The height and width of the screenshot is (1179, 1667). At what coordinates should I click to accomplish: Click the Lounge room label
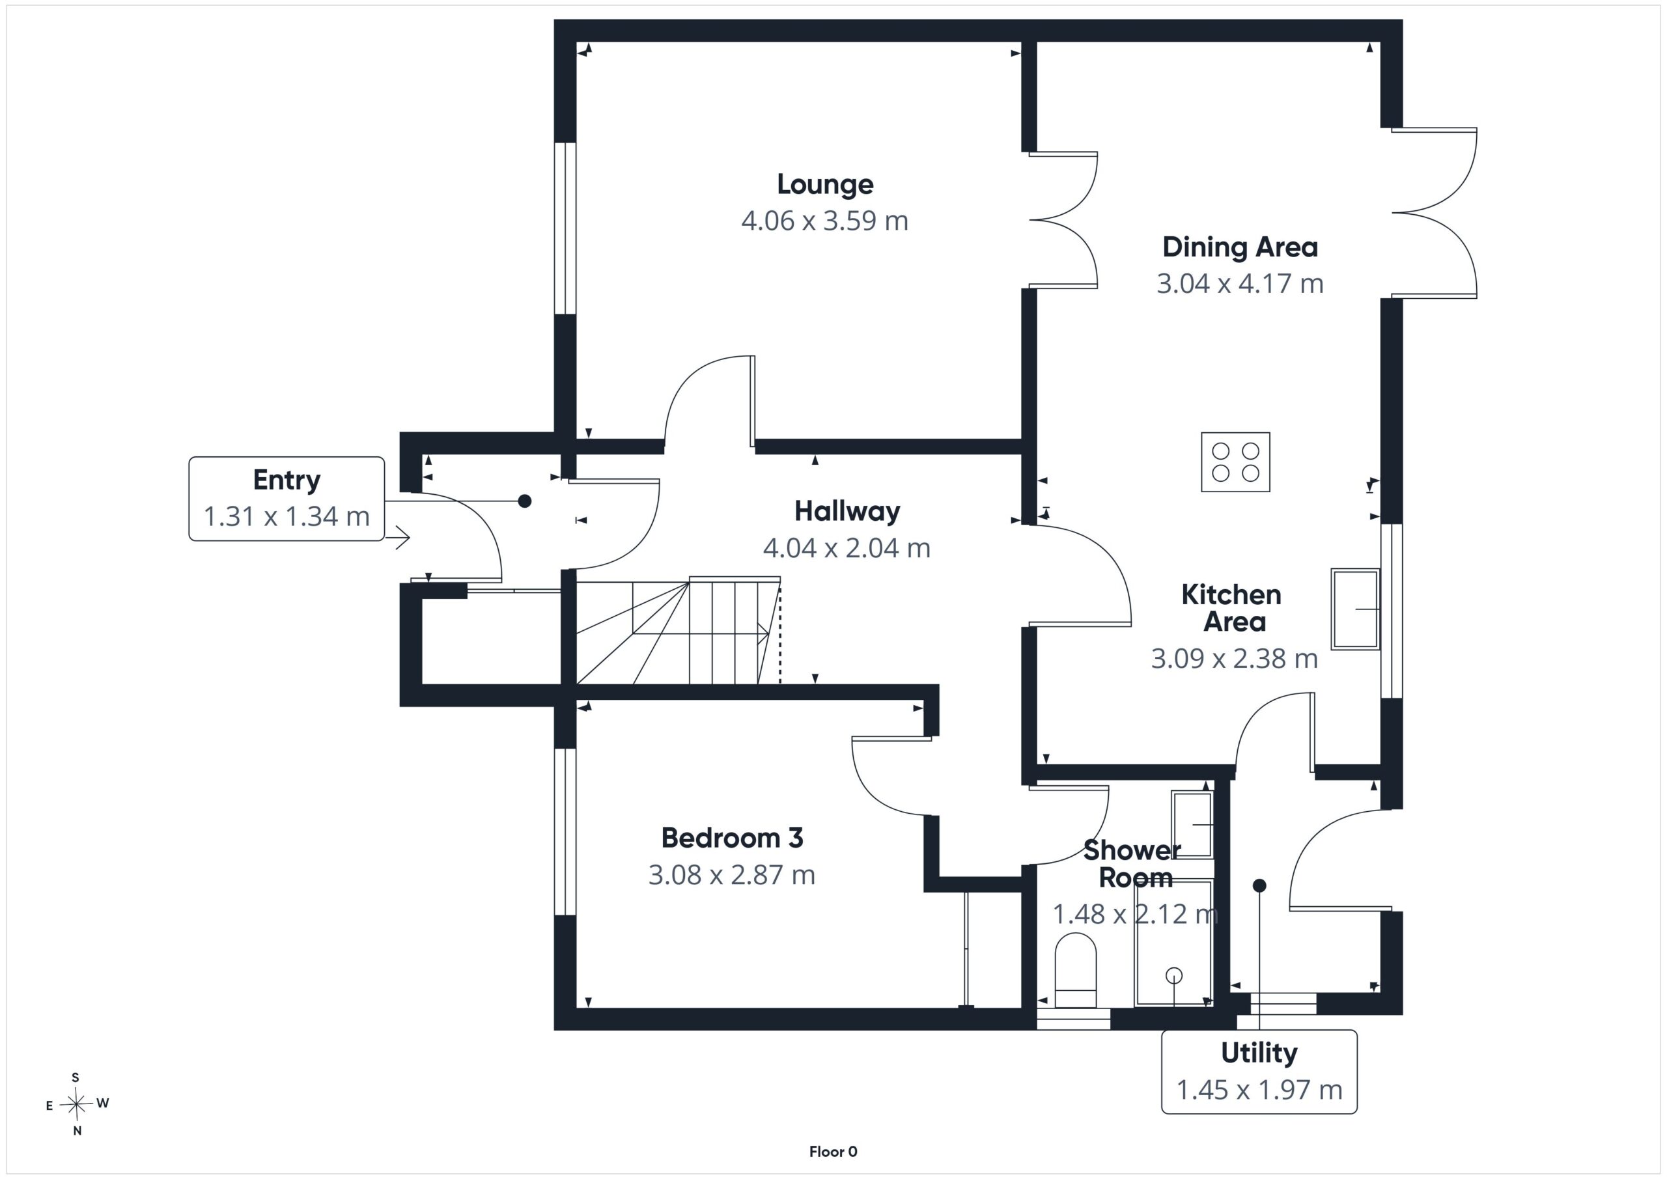[825, 184]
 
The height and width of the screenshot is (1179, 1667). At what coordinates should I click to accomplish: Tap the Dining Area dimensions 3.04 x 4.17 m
[1240, 283]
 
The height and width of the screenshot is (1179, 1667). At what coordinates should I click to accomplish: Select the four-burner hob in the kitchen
[1235, 462]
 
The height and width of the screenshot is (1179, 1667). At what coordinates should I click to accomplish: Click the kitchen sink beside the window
[1356, 608]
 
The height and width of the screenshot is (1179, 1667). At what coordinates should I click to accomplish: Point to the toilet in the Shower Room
[1075, 970]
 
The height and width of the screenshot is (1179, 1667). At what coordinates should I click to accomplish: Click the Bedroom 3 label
[732, 838]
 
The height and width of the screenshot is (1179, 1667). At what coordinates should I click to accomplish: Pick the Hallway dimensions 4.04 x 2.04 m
[847, 548]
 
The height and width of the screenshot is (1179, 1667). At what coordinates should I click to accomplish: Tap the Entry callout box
[287, 498]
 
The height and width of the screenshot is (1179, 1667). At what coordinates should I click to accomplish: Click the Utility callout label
[1259, 1052]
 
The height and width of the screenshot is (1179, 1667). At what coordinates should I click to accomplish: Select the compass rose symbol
[76, 1104]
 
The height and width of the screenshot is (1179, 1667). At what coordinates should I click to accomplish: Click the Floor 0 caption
[833, 1152]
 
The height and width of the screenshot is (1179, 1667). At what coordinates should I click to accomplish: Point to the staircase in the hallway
[678, 630]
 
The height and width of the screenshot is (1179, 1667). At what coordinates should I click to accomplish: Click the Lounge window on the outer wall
[565, 228]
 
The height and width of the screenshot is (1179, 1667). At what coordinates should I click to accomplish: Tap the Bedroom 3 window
[565, 831]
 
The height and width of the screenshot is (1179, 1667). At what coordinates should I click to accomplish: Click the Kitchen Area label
[1233, 608]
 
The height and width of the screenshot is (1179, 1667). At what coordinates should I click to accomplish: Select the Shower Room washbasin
[1192, 825]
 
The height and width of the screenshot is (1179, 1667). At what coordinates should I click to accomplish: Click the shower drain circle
[1173, 976]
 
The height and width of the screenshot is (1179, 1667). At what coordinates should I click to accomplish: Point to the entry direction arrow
[398, 538]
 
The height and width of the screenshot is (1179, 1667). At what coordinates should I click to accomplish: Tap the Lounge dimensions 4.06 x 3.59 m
[825, 221]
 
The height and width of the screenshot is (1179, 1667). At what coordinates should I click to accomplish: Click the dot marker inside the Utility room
[1259, 885]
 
